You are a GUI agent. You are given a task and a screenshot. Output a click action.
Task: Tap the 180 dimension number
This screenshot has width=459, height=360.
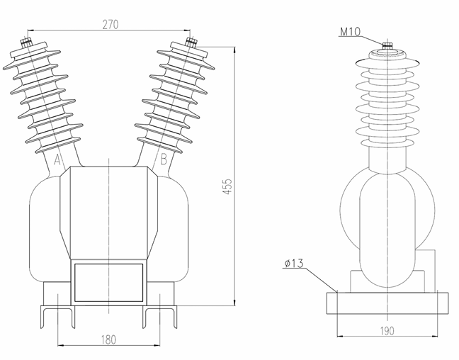108,339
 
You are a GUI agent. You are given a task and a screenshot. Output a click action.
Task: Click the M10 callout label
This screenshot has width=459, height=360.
352,31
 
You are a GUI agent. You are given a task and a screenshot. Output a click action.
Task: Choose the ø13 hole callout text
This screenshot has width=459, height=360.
293,264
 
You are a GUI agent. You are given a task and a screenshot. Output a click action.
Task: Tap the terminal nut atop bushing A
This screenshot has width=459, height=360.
26,43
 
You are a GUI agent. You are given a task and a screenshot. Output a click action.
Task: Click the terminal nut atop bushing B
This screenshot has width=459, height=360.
191,43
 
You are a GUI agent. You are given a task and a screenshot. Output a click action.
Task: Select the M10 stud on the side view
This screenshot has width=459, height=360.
387,47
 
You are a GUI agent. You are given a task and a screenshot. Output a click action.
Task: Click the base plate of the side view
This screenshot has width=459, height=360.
387,303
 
